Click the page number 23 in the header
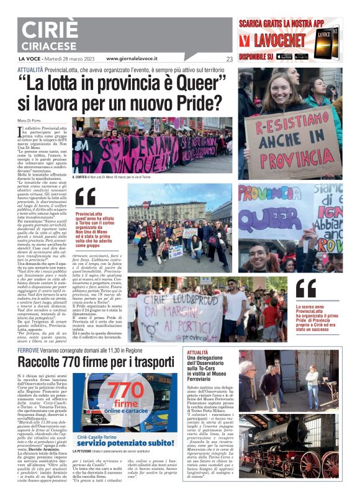point(230,60)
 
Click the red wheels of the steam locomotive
point(323,463)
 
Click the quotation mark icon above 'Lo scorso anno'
point(305,287)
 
